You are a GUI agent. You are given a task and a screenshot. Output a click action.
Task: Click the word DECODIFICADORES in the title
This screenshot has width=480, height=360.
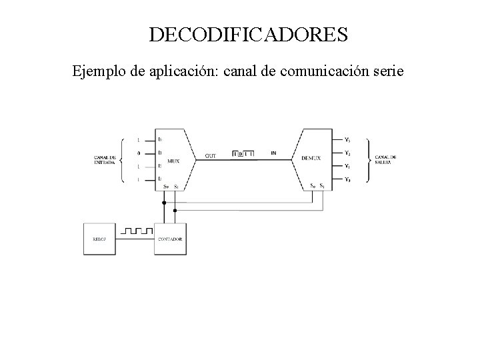click(x=248, y=35)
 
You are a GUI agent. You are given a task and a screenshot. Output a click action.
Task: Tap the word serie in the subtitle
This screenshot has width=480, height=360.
click(x=388, y=70)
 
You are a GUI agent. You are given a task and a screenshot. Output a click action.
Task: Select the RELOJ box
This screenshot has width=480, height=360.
click(x=99, y=239)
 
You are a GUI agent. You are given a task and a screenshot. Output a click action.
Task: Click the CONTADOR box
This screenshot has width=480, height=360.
click(x=170, y=239)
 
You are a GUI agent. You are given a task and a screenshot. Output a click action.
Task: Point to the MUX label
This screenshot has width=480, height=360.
click(x=173, y=161)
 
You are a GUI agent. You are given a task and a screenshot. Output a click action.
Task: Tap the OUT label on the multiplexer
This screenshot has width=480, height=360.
click(x=211, y=155)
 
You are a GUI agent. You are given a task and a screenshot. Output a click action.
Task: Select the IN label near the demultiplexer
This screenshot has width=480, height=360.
click(x=274, y=153)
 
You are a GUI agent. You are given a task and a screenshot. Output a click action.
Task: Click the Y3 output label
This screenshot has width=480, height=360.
click(x=347, y=140)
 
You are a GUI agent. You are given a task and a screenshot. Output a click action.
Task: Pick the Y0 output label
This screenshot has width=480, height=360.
click(x=347, y=180)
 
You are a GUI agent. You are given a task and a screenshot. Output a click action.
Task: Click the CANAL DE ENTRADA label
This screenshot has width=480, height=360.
click(x=104, y=160)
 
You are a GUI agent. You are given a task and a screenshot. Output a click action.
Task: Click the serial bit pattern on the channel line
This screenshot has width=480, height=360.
click(x=243, y=154)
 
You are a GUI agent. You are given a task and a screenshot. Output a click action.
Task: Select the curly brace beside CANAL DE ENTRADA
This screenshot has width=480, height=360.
click(x=122, y=160)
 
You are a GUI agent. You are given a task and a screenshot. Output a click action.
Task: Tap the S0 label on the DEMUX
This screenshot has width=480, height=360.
click(x=313, y=185)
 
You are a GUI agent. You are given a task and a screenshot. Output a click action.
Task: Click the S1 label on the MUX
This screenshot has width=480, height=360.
click(x=175, y=187)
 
